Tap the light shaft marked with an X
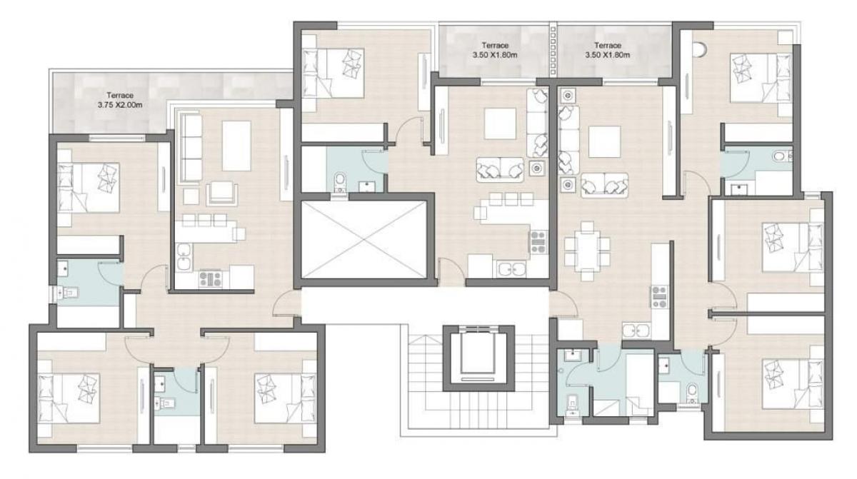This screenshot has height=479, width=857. [x=364, y=239]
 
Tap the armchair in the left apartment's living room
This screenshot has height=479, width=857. [x=222, y=191]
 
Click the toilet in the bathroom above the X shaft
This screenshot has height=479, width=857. [x=341, y=179]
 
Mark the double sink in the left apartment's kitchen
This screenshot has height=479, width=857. [x=184, y=257]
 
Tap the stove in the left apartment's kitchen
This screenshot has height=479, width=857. [x=209, y=279]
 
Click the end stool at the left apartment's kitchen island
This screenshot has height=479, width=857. [x=238, y=233]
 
